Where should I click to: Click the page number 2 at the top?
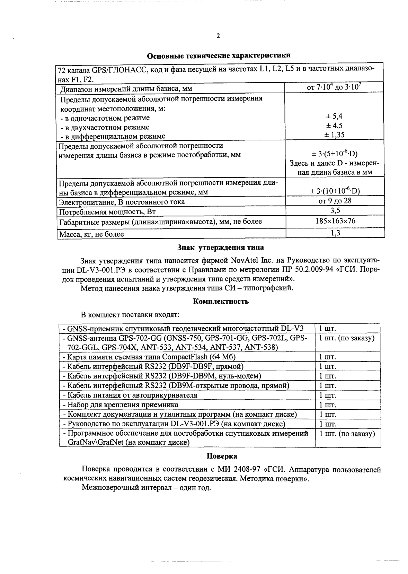point(218,36)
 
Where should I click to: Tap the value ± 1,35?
point(335,135)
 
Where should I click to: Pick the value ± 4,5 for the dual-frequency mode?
point(335,126)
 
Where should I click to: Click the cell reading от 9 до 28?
point(335,201)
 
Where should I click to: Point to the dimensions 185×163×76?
point(335,221)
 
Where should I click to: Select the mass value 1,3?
point(335,233)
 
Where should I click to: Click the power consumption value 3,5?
point(335,211)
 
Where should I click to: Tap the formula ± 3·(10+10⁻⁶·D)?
point(335,191)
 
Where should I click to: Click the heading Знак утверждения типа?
point(220,247)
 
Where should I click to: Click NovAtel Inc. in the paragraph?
point(252,260)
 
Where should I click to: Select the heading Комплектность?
point(221,301)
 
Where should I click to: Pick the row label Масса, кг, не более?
point(91,234)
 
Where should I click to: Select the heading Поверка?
point(222,456)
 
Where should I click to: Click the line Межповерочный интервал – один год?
point(146,488)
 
